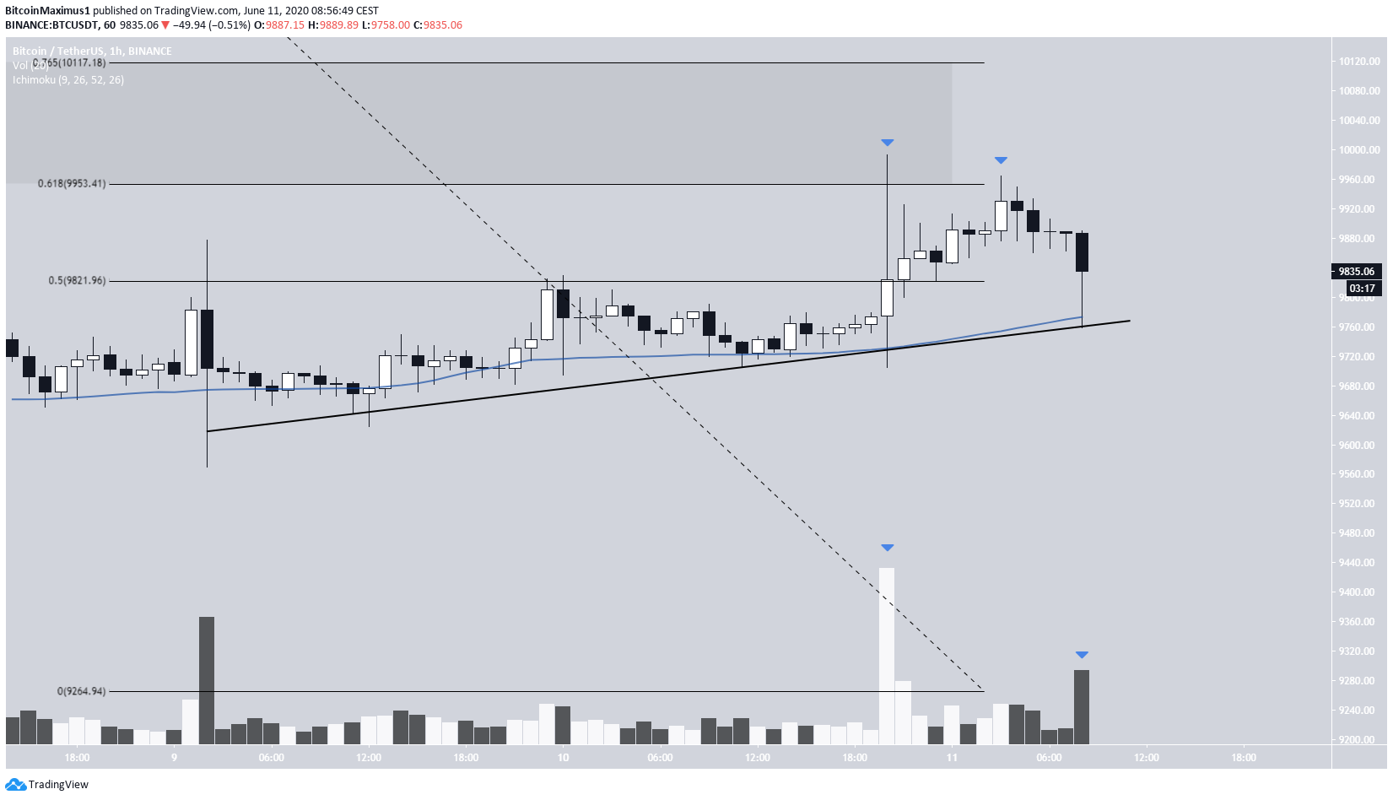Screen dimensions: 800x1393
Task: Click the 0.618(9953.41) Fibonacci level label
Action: [x=72, y=183]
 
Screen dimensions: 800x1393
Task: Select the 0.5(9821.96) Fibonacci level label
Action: [x=77, y=280]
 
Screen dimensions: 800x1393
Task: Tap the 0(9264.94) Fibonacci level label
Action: [x=82, y=691]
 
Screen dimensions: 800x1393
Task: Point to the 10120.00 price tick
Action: [x=1358, y=62]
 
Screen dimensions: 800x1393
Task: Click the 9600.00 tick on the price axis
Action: [x=1358, y=445]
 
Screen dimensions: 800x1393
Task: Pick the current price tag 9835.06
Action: [x=1356, y=271]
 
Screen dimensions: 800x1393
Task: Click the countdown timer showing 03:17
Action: [x=1362, y=289]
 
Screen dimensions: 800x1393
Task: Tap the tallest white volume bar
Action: [x=887, y=655]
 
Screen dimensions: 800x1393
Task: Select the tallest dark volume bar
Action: [x=207, y=679]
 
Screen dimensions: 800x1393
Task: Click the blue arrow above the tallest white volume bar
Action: [x=887, y=548]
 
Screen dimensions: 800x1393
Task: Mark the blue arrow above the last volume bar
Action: [x=1082, y=655]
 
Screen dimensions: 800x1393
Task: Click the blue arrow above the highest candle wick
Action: [x=887, y=143]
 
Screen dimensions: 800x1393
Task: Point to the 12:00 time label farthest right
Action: [x=1146, y=757]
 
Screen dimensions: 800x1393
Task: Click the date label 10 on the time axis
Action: [x=563, y=757]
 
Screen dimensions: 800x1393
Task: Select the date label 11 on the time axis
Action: [x=952, y=757]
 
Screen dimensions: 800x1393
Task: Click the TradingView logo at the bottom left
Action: [x=47, y=785]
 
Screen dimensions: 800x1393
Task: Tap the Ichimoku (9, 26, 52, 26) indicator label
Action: [x=68, y=80]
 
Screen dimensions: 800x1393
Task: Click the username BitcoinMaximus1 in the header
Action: [x=47, y=11]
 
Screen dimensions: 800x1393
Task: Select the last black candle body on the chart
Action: [x=1082, y=251]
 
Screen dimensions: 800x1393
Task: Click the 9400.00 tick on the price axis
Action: [x=1358, y=592]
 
